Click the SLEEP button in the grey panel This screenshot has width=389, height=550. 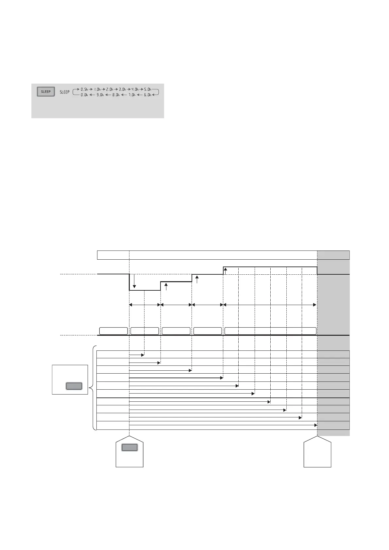[x=46, y=91]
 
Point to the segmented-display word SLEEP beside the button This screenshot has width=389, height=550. [x=65, y=92]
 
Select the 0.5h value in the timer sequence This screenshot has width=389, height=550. [x=84, y=89]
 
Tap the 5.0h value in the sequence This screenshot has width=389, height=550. [x=148, y=89]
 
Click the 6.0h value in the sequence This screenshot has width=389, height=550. [x=148, y=95]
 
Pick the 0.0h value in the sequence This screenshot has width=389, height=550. [x=84, y=95]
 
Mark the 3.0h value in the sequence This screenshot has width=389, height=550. [x=122, y=89]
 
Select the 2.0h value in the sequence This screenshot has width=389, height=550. [x=110, y=89]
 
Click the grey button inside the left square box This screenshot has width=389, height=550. [x=74, y=386]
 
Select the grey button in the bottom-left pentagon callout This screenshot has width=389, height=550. [x=129, y=447]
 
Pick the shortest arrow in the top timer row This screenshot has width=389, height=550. [x=137, y=355]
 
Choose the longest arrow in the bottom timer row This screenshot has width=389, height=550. [x=223, y=425]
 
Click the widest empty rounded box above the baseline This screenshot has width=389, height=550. [x=270, y=331]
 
